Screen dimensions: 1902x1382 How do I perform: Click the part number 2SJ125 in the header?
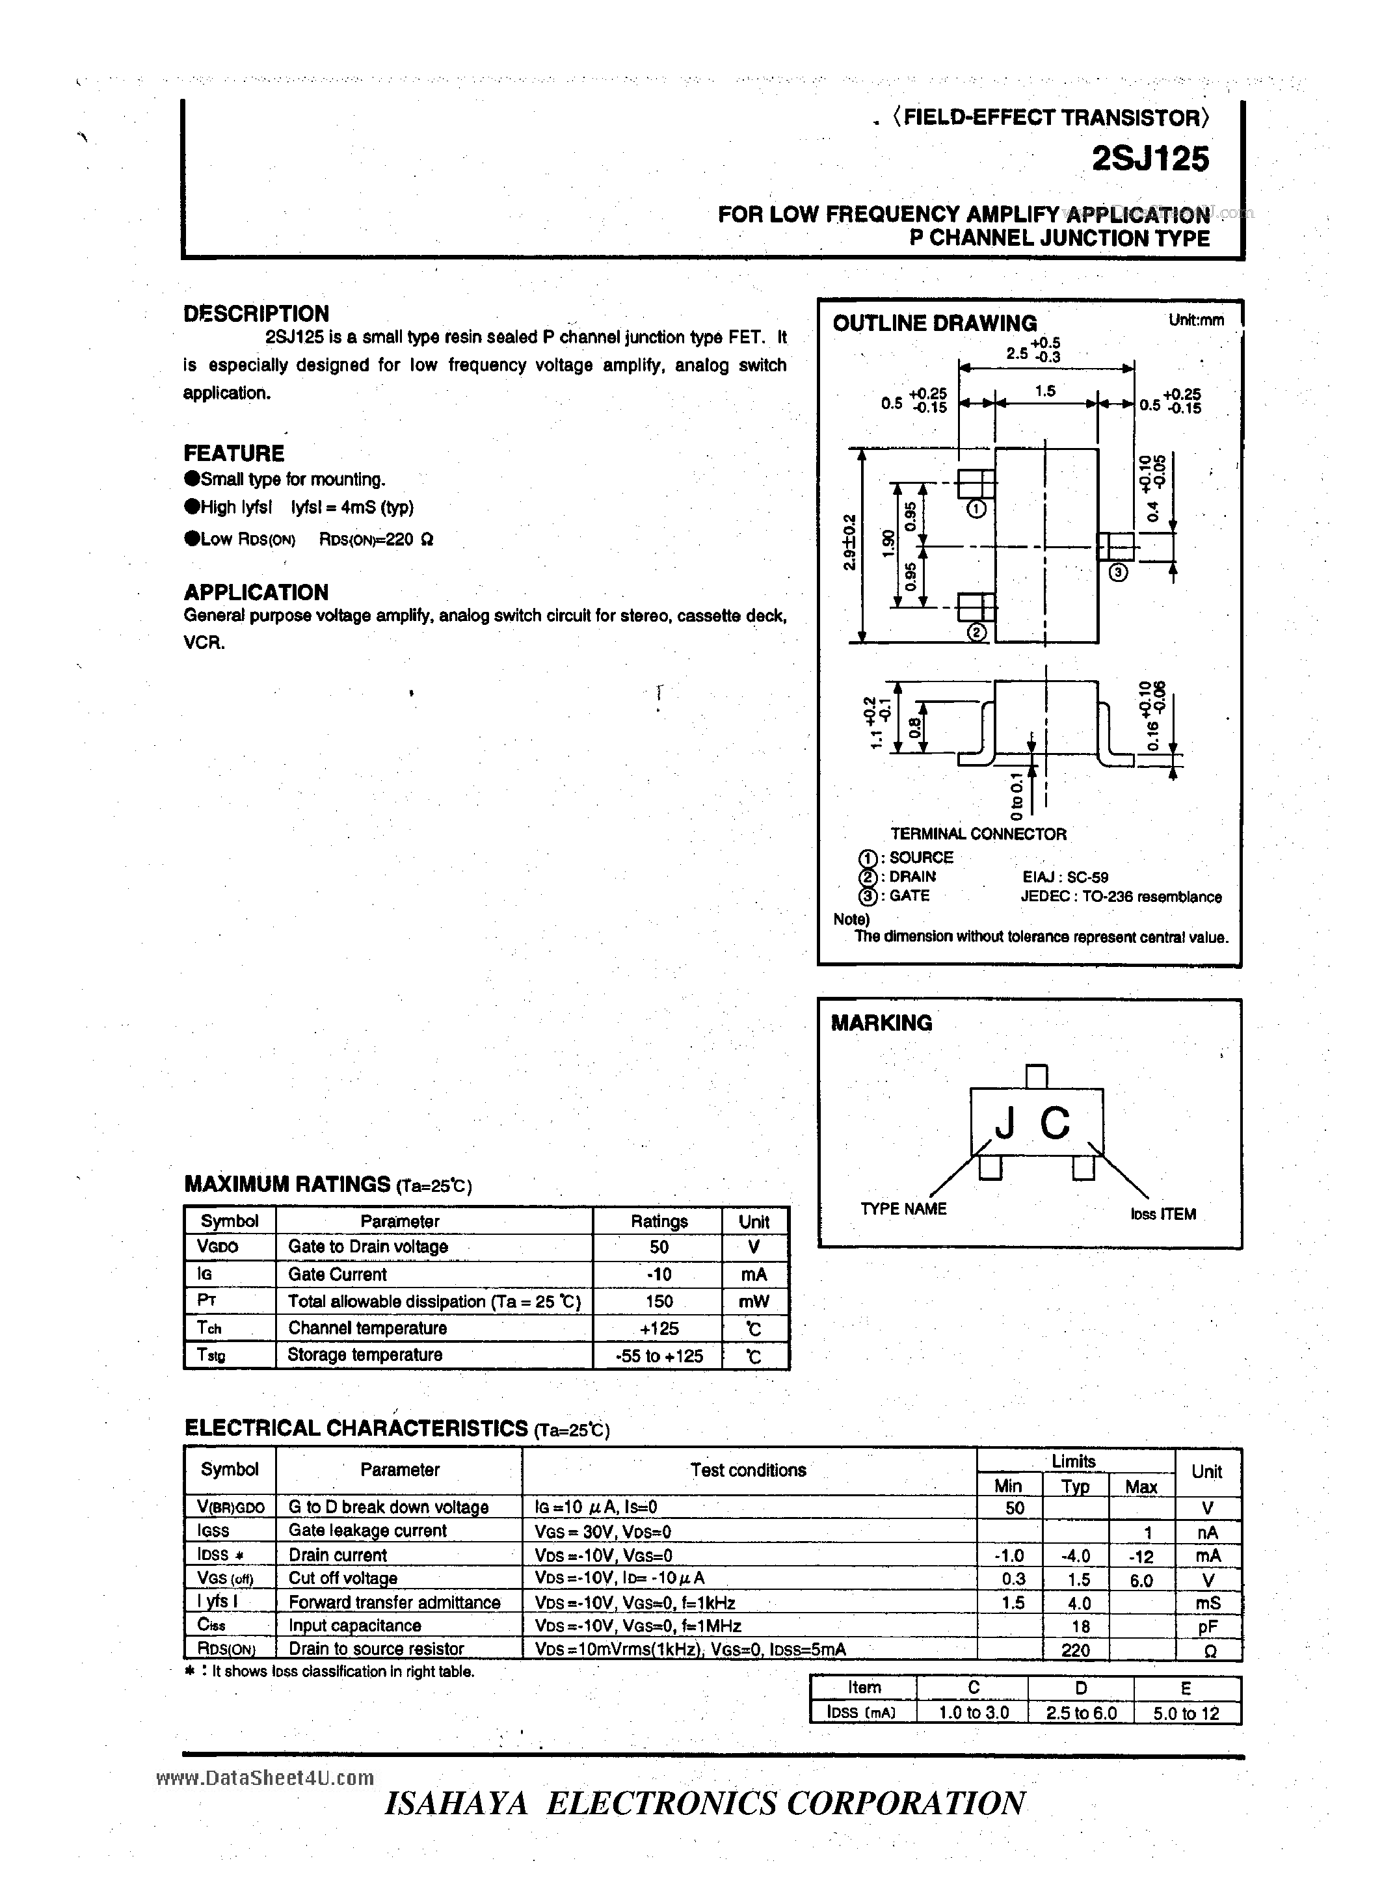pos(1150,159)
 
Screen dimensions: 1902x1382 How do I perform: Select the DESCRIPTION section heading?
pos(256,313)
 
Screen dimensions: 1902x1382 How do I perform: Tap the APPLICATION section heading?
pos(256,592)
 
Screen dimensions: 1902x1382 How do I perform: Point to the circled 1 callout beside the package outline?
pos(976,509)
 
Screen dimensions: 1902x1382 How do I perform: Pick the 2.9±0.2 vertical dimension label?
pos(849,542)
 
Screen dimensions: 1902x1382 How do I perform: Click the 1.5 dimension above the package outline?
pos(1045,391)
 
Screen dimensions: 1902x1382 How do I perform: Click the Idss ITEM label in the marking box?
pos(1162,1214)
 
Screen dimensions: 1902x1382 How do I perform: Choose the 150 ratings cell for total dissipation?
pos(659,1301)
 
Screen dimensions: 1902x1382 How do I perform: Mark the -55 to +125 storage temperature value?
pos(659,1355)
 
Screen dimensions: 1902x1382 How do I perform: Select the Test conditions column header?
pos(748,1470)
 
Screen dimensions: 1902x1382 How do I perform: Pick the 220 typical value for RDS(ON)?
pos(1075,1650)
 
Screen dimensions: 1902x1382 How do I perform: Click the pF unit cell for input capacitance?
pos(1208,1627)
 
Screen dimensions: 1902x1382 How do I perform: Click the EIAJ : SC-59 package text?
pos(1065,877)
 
